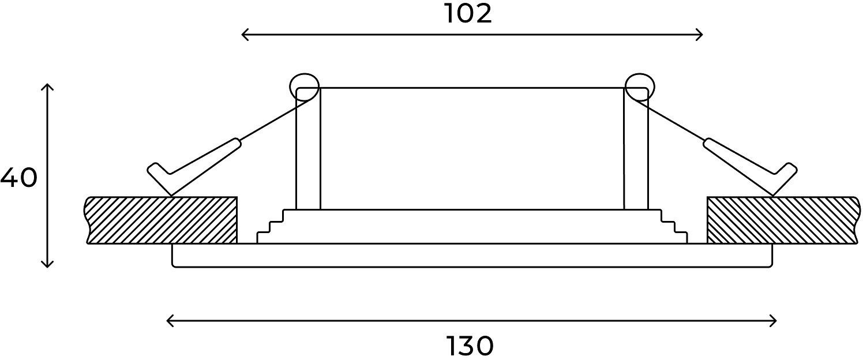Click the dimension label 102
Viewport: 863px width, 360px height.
(468, 14)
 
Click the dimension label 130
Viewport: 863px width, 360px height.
(470, 346)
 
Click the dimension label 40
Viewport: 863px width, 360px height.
(18, 178)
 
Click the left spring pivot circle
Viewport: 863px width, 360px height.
(305, 73)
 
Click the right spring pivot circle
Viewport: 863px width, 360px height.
(640, 73)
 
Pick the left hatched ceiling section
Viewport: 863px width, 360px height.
(161, 220)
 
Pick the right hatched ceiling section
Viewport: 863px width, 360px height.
(783, 220)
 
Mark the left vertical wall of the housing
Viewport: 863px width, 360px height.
(308, 149)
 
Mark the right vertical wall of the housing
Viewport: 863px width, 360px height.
(636, 149)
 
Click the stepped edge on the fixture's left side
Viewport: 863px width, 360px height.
(270, 227)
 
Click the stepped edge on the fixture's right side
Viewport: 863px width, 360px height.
(674, 227)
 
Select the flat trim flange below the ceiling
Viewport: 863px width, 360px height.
(472, 255)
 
